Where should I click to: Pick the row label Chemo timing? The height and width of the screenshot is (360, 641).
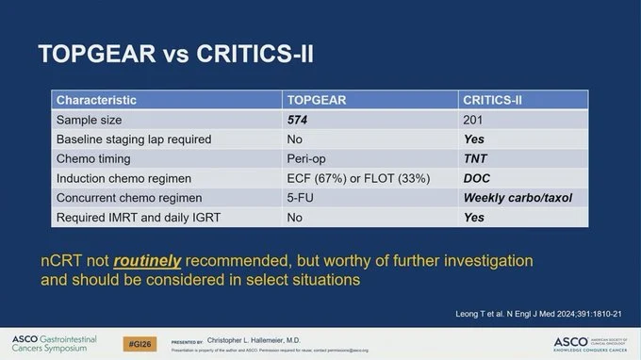click(95, 159)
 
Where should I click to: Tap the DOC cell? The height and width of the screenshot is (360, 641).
click(475, 179)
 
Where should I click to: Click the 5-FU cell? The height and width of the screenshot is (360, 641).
click(304, 199)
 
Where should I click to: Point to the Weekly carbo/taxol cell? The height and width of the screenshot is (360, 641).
click(517, 199)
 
